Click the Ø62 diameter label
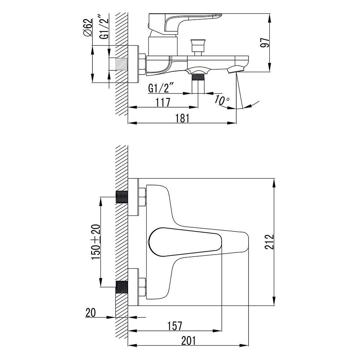click(88, 27)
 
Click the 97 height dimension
click(265, 43)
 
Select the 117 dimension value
click(163, 102)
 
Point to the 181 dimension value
click(182, 118)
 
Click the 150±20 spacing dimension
click(96, 242)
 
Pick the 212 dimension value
click(269, 242)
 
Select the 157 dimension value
click(175, 326)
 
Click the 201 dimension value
click(189, 341)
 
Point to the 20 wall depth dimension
click(91, 313)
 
